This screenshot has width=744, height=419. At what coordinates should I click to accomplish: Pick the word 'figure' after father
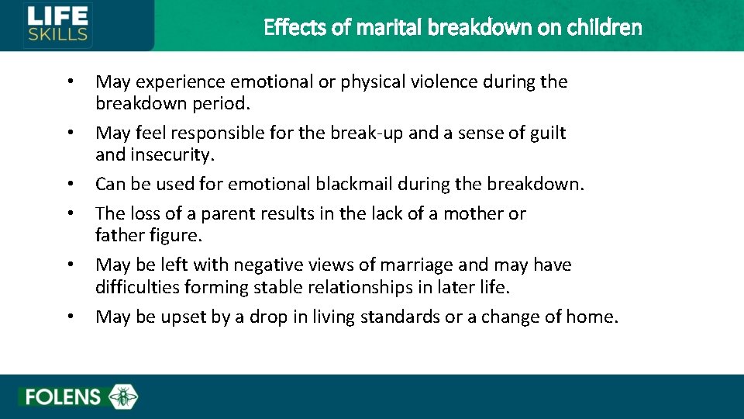click(174, 235)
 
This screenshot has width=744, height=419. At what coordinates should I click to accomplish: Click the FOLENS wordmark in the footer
click(63, 397)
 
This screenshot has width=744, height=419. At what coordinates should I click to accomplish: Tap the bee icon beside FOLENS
click(122, 396)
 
